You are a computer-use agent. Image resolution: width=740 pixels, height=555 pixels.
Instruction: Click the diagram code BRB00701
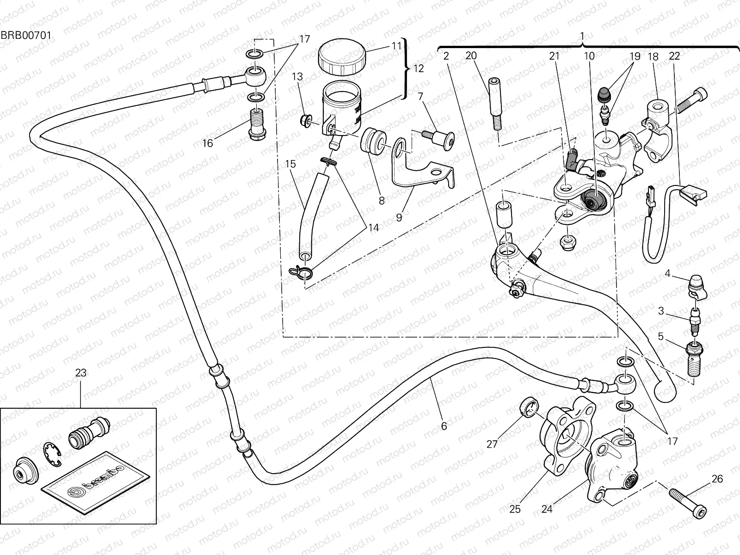(x=26, y=36)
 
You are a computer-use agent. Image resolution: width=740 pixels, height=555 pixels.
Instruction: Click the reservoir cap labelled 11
(x=342, y=58)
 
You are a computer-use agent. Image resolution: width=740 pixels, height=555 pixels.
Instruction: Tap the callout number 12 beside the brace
(x=419, y=68)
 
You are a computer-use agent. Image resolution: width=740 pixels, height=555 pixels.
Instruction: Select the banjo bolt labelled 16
(x=257, y=125)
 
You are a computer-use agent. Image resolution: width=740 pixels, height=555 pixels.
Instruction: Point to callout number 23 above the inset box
(x=81, y=373)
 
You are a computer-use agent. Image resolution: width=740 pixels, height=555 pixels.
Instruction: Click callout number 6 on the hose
(x=444, y=426)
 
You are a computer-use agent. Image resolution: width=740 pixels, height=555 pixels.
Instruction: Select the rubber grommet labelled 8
(x=373, y=141)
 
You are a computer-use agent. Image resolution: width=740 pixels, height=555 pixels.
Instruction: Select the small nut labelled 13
(x=306, y=121)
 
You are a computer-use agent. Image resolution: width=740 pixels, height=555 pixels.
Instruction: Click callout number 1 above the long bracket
(x=582, y=36)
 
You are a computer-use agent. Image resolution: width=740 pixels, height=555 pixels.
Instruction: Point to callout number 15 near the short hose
(x=290, y=164)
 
